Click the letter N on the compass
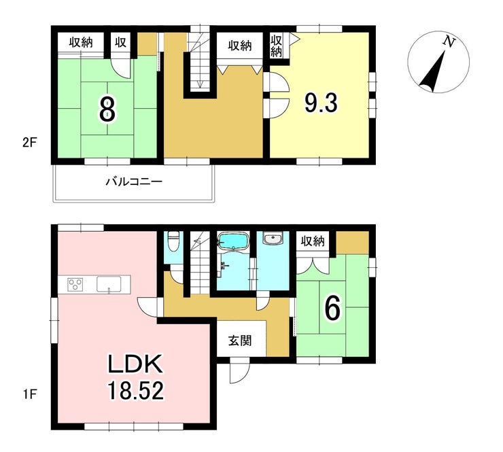(x=449, y=41)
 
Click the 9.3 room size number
(x=321, y=103)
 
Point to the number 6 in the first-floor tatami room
(x=332, y=309)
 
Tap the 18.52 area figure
(x=136, y=390)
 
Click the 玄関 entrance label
(x=240, y=341)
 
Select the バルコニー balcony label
(x=135, y=182)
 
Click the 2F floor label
(x=29, y=143)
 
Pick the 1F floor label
(x=29, y=394)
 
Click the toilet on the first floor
(x=173, y=242)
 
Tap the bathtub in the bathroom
(x=233, y=241)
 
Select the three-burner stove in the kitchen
(x=75, y=285)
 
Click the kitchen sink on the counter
(x=109, y=285)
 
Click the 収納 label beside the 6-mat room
(x=313, y=241)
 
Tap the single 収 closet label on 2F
(x=120, y=42)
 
